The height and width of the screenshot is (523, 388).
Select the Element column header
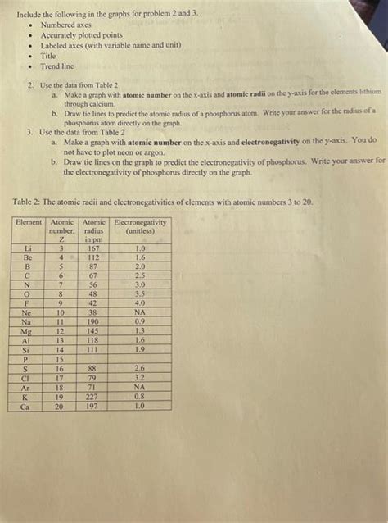tap(29, 223)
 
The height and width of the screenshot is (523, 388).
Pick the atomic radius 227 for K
tap(93, 396)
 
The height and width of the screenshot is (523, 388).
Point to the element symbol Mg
tap(29, 331)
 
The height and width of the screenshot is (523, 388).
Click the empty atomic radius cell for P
tap(93, 359)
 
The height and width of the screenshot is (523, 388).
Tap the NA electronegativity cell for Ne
tap(140, 312)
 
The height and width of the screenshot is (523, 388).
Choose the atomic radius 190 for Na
tap(93, 321)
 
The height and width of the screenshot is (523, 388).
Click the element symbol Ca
tap(28, 405)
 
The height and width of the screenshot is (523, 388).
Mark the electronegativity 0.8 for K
tap(140, 396)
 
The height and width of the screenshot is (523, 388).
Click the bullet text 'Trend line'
tap(57, 66)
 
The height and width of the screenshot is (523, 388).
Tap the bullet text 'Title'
tap(48, 56)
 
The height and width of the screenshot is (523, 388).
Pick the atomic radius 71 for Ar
tap(93, 387)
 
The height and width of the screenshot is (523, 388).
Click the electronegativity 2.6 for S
tap(140, 369)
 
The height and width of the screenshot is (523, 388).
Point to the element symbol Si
tap(29, 350)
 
